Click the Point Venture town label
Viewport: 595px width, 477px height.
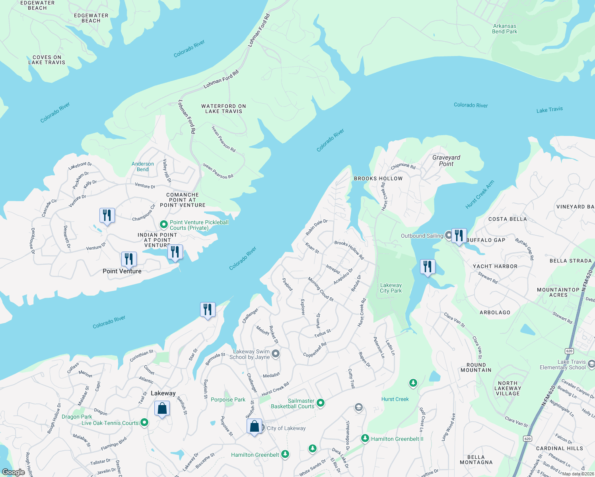tap(122, 271)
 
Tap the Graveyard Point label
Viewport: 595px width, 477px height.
tap(446, 161)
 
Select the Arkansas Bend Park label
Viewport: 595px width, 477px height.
tap(504, 29)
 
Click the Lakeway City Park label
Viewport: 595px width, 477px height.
tap(391, 288)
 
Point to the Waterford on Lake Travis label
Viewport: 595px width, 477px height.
tap(224, 109)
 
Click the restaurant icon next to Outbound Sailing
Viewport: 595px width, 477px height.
tap(459, 236)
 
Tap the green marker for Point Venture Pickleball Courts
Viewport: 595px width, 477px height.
tap(163, 225)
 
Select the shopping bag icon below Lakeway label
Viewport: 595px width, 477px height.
tap(162, 409)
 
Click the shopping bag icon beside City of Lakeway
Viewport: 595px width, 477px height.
tap(255, 427)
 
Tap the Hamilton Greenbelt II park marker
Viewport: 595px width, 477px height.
tap(365, 438)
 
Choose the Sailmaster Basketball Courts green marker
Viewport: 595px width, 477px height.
tap(321, 403)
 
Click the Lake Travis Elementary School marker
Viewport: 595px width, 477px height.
tap(591, 364)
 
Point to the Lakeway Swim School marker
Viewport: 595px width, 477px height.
tap(276, 354)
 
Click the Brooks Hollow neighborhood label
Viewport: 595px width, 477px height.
tap(378, 178)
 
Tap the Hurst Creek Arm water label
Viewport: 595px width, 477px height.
tap(480, 194)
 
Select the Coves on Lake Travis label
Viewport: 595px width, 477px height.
tap(47, 60)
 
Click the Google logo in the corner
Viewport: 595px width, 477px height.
tap(14, 472)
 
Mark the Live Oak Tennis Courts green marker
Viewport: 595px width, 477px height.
tap(144, 423)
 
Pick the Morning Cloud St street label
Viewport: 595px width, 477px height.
tap(321, 289)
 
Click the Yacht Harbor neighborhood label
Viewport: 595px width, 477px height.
tap(495, 266)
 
